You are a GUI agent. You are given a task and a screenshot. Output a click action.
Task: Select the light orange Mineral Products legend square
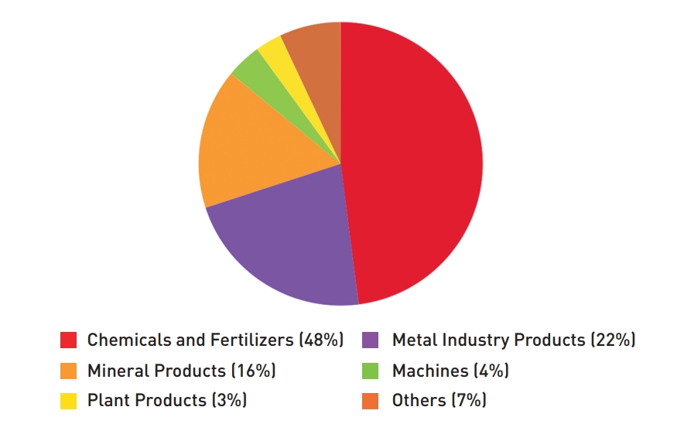[x=68, y=371]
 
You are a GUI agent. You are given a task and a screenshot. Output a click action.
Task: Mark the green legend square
[x=371, y=371]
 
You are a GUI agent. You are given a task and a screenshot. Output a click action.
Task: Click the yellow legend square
[x=68, y=401]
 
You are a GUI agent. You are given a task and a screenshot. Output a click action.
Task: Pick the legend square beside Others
[x=371, y=401]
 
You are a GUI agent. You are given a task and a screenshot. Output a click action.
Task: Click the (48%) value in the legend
[x=320, y=340]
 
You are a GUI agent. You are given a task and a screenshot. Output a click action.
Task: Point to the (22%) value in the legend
[x=613, y=340]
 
